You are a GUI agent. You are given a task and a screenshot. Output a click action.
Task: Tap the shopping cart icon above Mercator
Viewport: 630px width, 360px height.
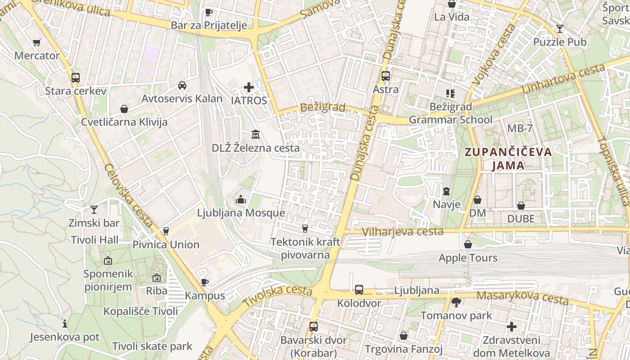coord(37,43)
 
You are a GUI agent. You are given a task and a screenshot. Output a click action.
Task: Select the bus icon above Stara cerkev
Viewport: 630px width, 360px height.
coord(76,77)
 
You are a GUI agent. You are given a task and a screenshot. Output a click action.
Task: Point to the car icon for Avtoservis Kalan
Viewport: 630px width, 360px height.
coord(182,85)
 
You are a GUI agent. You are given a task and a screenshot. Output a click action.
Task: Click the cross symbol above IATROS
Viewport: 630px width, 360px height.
coord(249,87)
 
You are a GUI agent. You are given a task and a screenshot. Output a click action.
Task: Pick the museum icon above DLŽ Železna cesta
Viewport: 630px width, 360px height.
coord(256,134)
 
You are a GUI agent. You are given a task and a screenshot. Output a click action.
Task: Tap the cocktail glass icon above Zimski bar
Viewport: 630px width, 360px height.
coord(94,209)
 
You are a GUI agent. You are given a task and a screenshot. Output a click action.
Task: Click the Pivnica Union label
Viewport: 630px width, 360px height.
coord(166,245)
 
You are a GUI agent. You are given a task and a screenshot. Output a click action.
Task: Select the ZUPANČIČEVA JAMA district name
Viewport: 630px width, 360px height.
coord(508,158)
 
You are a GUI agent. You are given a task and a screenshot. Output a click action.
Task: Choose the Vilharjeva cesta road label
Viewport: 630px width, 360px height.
coord(403,232)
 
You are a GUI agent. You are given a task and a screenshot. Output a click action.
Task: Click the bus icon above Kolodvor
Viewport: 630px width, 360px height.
coord(359,290)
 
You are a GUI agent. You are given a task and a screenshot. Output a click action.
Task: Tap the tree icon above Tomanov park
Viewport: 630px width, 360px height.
coord(456,302)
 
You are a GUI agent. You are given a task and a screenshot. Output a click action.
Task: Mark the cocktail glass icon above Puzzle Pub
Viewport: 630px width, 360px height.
coord(559,29)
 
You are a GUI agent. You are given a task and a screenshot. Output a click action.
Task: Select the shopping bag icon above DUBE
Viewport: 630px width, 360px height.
coord(521,206)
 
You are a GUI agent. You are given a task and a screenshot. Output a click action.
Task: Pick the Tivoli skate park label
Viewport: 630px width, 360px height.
coord(152,346)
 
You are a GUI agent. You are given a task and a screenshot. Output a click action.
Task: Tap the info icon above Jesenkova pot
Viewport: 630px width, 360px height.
coord(65,324)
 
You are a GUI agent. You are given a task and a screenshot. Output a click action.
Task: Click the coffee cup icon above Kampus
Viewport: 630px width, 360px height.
coord(205,282)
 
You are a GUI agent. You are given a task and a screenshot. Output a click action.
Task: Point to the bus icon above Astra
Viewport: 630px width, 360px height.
coord(386,76)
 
